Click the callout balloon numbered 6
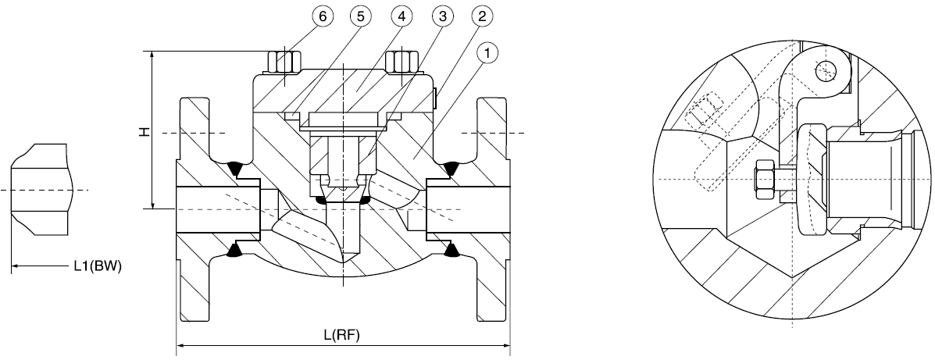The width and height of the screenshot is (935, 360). click(323, 16)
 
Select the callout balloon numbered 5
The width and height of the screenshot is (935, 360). click(362, 16)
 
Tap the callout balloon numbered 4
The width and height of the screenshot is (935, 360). click(402, 16)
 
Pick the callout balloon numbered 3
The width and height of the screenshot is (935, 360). click(442, 16)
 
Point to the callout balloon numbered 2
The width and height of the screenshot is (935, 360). click(482, 16)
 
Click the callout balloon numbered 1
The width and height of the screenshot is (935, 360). click(487, 54)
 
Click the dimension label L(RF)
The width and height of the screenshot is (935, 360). click(342, 334)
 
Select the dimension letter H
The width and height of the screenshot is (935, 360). click(144, 130)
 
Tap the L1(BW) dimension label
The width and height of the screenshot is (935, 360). click(98, 266)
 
